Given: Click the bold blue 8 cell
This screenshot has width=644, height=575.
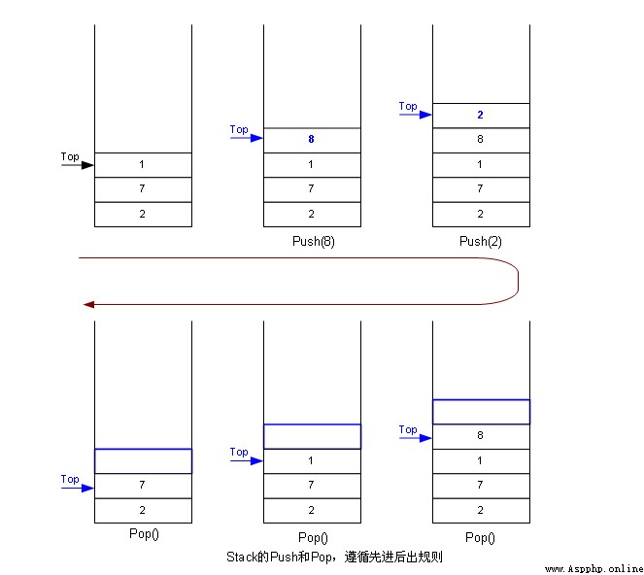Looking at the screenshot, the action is point(312,140).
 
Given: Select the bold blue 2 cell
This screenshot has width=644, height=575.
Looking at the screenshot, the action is point(481,116).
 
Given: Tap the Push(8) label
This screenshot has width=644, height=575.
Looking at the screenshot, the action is point(314,241).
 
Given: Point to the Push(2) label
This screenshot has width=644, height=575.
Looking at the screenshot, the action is point(481,241).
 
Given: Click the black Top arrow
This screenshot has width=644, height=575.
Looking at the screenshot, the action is point(78,165).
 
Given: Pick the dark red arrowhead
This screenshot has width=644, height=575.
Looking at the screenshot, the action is point(88,304).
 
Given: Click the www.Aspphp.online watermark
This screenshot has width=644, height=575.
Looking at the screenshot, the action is point(593,569).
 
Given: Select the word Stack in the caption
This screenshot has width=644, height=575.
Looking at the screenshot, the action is point(242,557).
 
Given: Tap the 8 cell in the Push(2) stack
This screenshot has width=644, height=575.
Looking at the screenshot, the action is point(481,141).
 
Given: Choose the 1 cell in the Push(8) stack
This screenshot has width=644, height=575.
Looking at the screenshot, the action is point(312,165).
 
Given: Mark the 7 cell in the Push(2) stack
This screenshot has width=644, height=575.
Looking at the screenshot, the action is point(481,189).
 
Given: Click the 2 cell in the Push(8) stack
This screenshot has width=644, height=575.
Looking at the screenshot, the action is point(312,215).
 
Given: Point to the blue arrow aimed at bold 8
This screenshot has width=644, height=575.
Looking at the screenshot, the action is point(247,138).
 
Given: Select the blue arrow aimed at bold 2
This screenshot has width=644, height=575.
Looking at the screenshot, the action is point(416,115).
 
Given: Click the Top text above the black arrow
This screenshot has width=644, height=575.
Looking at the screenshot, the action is point(70,156).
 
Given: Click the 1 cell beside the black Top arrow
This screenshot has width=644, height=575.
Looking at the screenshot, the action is point(143,165).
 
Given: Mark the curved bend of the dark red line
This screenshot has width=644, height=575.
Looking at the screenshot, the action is point(518,282).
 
